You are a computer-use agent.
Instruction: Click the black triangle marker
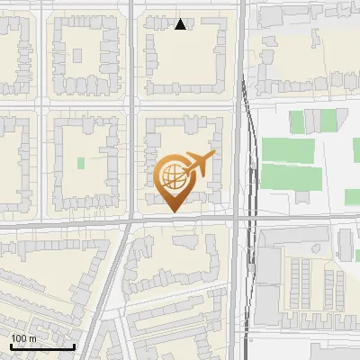coord(181,24)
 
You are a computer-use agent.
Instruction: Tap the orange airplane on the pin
coord(198,164)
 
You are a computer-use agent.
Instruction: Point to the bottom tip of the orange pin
coord(173,211)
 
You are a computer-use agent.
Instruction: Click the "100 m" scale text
coord(24,337)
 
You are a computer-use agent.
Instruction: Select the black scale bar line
coord(42,346)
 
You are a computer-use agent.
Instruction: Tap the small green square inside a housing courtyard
coord(81,164)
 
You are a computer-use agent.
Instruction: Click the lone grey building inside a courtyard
coord(184,240)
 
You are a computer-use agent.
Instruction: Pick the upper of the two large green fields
coord(288,150)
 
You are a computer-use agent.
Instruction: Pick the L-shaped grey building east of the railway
coord(270,270)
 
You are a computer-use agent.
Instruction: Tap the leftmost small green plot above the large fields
coord(297,121)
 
